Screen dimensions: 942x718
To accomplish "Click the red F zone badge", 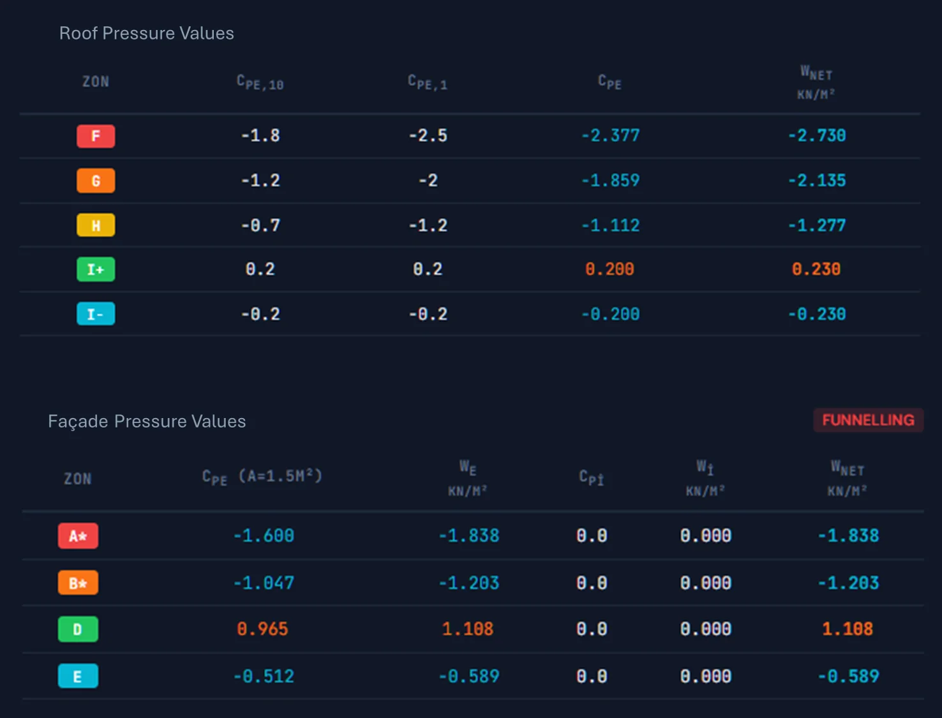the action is [x=96, y=136].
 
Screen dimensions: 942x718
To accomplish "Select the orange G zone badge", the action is [x=96, y=181].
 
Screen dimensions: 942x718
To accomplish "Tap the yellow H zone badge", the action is [x=96, y=225].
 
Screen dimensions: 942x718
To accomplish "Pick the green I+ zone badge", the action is [x=96, y=269].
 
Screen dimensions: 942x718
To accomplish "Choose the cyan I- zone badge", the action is [x=96, y=314].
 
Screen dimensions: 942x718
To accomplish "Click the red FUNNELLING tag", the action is [x=868, y=420].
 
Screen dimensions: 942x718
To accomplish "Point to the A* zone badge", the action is [x=78, y=535].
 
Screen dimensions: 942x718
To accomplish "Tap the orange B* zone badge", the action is [x=78, y=583].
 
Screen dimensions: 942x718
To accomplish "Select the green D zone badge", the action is [x=78, y=629].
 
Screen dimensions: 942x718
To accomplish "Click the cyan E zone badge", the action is [x=78, y=676].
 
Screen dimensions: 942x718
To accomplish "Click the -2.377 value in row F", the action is [x=610, y=135].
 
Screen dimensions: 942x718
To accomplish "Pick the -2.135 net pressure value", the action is [x=817, y=180].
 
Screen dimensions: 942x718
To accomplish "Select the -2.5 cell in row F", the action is [x=428, y=135].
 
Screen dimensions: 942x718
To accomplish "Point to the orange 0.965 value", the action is [x=263, y=629].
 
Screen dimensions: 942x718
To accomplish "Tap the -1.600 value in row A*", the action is [x=264, y=535].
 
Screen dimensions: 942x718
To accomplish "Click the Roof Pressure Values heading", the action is [x=147, y=33].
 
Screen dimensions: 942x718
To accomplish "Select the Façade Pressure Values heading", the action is [x=147, y=421].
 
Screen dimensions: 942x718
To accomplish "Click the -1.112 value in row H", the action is [x=610, y=225].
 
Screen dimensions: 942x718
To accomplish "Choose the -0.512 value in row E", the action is [x=264, y=677].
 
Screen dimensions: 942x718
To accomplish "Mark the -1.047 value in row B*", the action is [x=264, y=583].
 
